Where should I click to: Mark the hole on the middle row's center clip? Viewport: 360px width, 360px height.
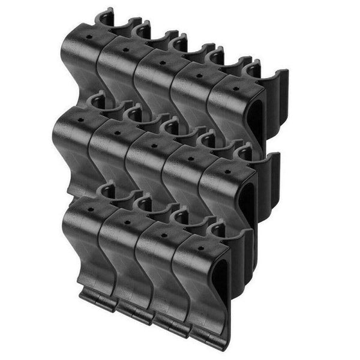(154, 145)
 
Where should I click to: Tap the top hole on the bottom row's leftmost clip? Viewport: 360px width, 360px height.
(90, 211)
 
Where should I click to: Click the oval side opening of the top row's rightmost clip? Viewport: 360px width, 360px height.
(255, 120)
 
